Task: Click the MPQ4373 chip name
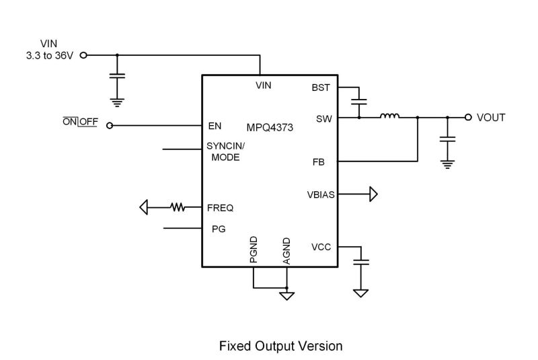[x=269, y=127]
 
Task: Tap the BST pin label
[x=321, y=87]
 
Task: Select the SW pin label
[x=323, y=118]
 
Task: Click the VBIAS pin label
[x=319, y=194]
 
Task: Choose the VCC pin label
[x=321, y=247]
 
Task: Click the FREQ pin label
[x=221, y=208]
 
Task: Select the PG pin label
[x=219, y=229]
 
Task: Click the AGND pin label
[x=287, y=250]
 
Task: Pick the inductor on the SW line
[x=389, y=117]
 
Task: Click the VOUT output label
[x=491, y=118]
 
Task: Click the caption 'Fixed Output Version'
[x=281, y=346]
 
